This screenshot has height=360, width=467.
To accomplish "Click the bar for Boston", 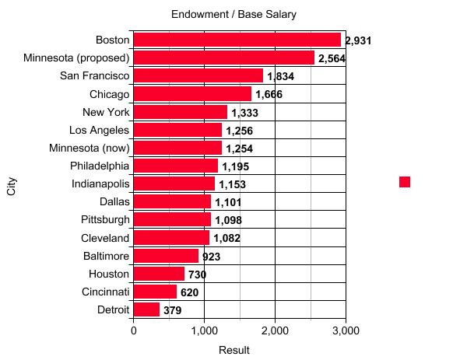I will point(237,40).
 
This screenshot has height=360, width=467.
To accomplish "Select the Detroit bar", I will point(146,309).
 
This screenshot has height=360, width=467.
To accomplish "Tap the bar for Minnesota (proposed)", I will point(223,58).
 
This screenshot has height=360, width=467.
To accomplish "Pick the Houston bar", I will point(159,274).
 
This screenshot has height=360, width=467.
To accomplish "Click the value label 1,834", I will point(280,76).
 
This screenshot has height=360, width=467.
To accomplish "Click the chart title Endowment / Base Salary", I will point(233,15).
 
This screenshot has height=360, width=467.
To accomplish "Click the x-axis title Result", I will point(233,350).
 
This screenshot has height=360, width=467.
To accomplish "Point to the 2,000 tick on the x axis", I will point(275,330).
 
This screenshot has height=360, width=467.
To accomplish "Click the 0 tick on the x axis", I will point(134,330).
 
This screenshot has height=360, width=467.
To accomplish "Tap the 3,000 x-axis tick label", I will point(346,330).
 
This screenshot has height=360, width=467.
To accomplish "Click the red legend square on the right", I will point(405,182).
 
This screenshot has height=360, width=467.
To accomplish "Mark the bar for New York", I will point(180,112).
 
